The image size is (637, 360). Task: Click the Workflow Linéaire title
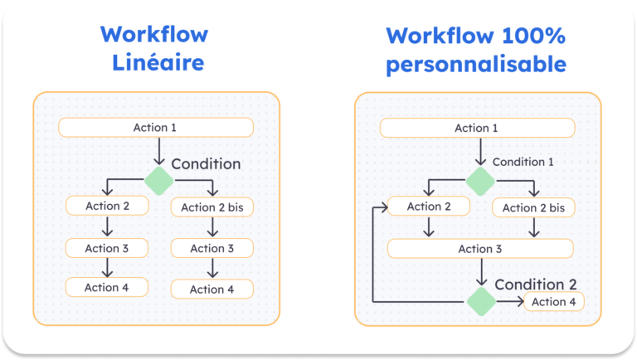(x=154, y=49)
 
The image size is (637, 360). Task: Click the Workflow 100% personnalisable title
(x=476, y=49)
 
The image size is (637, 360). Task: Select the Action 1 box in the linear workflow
(x=155, y=127)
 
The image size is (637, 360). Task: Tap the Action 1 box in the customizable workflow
(x=477, y=128)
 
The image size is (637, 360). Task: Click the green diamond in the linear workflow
(x=158, y=180)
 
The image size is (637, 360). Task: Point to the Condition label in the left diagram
(x=206, y=164)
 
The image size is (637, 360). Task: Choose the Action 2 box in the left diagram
(x=106, y=205)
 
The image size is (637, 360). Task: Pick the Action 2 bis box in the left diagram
(x=212, y=207)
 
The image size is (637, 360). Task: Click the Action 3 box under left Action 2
(x=106, y=247)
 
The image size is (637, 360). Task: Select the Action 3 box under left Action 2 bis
(x=212, y=248)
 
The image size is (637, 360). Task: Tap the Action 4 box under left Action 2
(x=106, y=287)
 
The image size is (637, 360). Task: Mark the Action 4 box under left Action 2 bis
(x=212, y=289)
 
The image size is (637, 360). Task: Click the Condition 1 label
(x=523, y=162)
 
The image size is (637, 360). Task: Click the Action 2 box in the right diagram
(x=429, y=207)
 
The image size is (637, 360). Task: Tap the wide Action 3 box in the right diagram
(x=480, y=249)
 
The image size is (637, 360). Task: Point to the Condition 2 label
(x=536, y=285)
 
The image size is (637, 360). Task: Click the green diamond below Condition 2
(x=480, y=302)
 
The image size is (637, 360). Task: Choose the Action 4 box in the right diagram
(x=553, y=302)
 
